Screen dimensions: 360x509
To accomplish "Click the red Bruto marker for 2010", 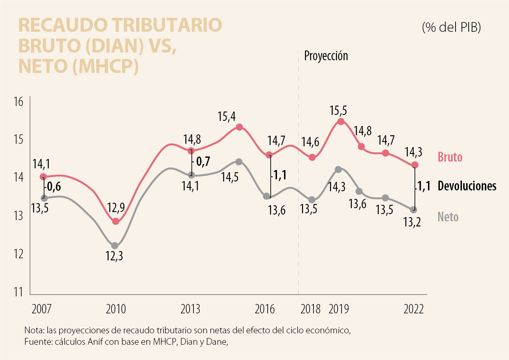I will tap(115, 221).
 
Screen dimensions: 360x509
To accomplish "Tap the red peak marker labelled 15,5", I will tap(341, 122).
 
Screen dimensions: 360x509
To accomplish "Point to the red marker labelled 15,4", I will tap(239, 127).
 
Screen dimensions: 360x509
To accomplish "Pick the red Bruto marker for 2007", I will tap(43, 177).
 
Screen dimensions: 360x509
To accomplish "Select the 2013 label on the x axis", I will tap(191, 309).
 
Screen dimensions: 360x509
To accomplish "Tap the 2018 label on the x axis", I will tap(310, 309).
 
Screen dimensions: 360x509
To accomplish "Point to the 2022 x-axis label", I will tap(414, 309).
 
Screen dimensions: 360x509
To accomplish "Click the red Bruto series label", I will tap(450, 158).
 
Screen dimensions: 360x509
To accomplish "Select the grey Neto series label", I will tap(448, 217).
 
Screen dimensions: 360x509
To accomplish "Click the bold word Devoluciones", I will tap(467, 186).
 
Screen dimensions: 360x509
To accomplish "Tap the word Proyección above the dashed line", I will tap(326, 56).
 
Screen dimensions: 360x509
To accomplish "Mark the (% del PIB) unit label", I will tap(451, 28).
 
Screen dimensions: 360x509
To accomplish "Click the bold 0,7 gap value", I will tap(201, 162).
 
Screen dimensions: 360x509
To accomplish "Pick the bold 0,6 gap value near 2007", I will tap(53, 186).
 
